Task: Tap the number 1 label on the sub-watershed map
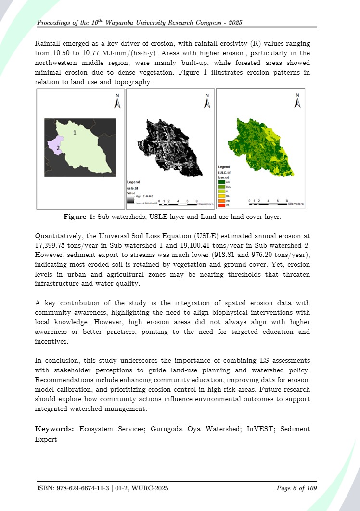coord(75,131)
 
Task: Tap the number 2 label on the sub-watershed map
coord(58,148)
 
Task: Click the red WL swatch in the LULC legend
coord(221,205)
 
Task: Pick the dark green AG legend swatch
coord(221,182)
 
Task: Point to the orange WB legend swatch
coord(221,201)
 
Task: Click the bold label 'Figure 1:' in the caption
coord(79,217)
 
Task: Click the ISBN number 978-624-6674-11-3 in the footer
coord(85,489)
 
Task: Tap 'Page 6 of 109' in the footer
coord(296,489)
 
